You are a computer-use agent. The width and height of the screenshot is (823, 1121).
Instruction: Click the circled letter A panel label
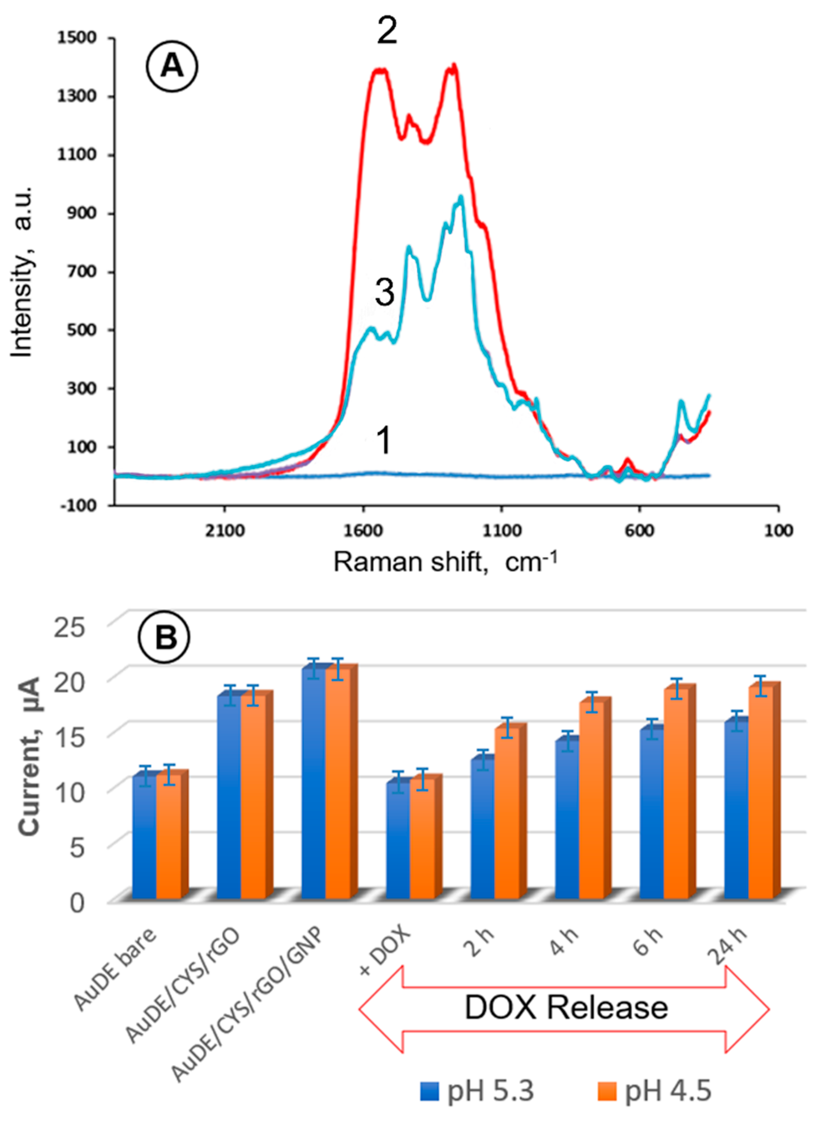(x=172, y=66)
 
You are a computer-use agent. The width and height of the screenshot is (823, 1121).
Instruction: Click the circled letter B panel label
(x=165, y=637)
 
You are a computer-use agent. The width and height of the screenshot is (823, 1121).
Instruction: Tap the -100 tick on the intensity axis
(x=77, y=505)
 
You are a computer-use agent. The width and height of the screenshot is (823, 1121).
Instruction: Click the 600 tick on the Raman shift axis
(x=640, y=531)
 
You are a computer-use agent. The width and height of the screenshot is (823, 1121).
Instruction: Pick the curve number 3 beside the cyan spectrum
(x=384, y=292)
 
